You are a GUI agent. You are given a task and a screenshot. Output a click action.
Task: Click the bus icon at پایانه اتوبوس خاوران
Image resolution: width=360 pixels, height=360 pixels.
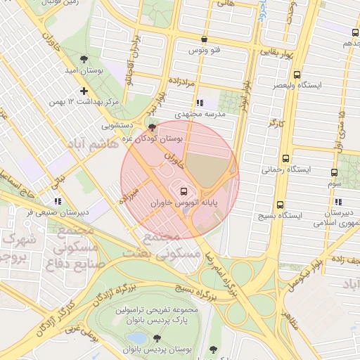184,191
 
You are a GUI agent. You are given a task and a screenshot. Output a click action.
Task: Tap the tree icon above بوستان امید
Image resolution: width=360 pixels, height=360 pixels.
84,59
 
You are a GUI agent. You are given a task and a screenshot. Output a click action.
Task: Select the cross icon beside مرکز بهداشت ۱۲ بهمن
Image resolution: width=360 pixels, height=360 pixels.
84,91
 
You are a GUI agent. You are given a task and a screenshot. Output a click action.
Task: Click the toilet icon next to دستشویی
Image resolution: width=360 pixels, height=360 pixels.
153,127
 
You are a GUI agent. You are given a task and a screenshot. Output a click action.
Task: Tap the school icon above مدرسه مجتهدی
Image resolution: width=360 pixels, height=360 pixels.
200,103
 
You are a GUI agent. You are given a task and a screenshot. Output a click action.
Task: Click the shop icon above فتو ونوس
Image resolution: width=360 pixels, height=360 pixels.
204,39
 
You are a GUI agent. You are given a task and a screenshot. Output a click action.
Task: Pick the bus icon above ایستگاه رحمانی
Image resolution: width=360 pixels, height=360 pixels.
285,158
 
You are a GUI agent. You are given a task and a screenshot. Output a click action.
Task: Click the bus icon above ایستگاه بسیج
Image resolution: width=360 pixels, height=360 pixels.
281,205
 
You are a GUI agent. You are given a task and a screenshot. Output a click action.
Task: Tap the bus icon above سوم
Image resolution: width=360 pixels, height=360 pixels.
335,172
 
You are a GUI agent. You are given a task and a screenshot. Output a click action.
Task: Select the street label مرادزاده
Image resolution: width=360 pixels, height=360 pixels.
181,83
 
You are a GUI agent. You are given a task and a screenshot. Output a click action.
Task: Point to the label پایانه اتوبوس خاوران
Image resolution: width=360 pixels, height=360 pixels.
184,202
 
